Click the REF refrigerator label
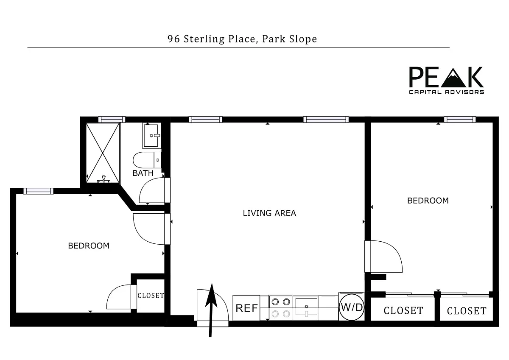pos(246,308)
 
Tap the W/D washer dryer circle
pos(352,307)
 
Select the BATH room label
pos(143,173)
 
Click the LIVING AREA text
pos(269,213)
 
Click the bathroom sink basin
pos(151,136)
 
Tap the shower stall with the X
pos(103,153)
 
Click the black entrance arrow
pos(211,310)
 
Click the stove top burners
pos(281,302)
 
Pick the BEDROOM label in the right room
pos(428,201)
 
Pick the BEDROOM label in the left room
pos(89,246)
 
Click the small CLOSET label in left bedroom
pos(151,296)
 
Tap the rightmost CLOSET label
pos(467,311)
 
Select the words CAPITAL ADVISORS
pos(446,92)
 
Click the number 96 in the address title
pos(173,39)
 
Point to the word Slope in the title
pos(303,39)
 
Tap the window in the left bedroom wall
pos(39,191)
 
